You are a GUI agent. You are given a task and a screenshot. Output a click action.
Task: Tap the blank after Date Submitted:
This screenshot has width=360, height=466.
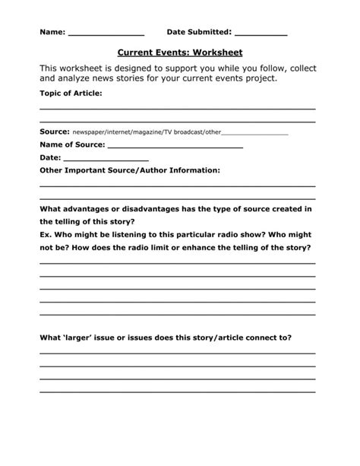[x=261, y=35]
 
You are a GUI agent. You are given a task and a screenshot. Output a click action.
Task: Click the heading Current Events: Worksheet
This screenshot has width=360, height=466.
[x=179, y=53]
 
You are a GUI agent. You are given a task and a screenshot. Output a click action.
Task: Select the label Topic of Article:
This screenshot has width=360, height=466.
[x=71, y=93]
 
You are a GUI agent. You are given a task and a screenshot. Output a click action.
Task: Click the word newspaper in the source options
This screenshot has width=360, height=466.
[x=92, y=132]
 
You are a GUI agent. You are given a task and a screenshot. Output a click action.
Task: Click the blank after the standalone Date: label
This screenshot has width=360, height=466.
[x=95, y=159]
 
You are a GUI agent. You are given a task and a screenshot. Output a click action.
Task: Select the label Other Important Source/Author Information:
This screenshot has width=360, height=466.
[x=130, y=170]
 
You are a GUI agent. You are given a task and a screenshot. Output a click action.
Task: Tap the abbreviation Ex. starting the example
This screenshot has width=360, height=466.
[x=46, y=235]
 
